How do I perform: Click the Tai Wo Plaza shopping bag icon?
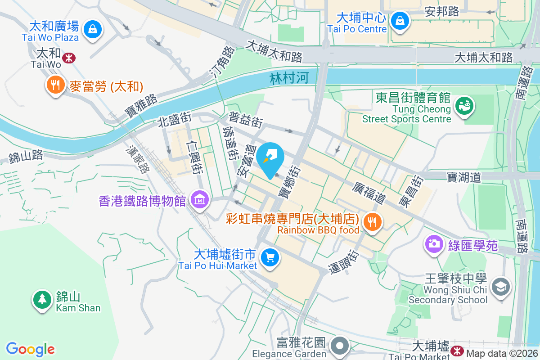[92, 29]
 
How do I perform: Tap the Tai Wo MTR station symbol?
[69, 58]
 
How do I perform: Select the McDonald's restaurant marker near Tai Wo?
[55, 85]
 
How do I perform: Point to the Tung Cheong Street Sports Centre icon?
[464, 106]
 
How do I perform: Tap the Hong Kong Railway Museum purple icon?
[200, 199]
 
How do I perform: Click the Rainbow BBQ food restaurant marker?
[372, 222]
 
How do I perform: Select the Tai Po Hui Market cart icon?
[270, 258]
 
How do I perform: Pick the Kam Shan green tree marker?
[42, 299]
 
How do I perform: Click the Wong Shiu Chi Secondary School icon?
[500, 286]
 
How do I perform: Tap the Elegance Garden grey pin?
[341, 346]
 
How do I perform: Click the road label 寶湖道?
[463, 177]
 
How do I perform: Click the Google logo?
[30, 349]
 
